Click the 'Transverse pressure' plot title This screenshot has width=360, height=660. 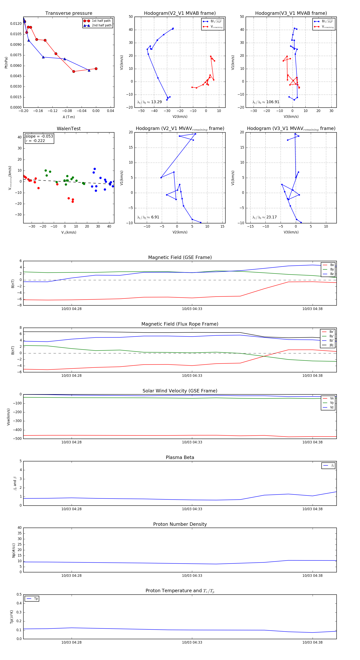(69, 13)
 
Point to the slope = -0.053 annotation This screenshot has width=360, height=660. (39, 136)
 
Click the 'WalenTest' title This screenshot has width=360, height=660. (69, 129)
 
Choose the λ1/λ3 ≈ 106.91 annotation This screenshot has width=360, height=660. (266, 102)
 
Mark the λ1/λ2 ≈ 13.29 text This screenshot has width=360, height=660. (149, 102)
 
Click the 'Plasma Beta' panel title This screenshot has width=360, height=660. (180, 457)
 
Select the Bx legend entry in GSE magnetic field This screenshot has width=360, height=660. (332, 265)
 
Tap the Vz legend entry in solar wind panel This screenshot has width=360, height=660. (332, 407)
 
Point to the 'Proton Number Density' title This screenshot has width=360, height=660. (180, 524)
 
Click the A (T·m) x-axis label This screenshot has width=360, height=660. (69, 117)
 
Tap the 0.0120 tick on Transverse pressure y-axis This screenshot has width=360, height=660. (16, 24)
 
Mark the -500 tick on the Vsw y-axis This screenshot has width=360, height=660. (17, 439)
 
